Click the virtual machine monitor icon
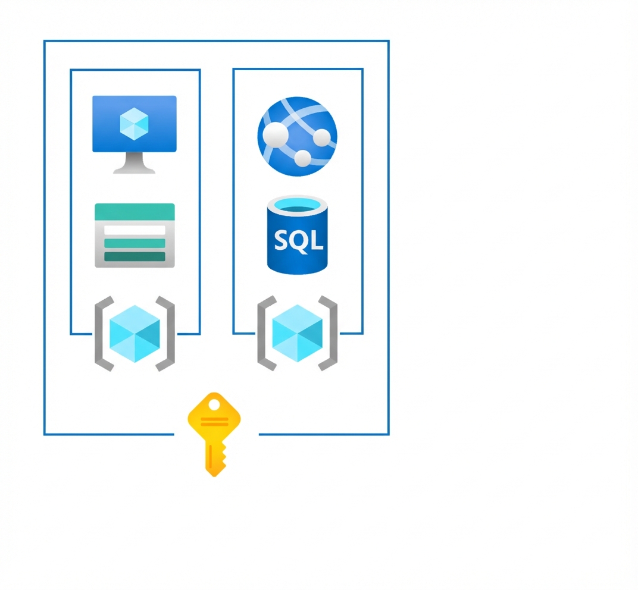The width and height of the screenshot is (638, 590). point(135,125)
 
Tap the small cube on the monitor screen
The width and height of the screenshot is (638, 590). point(134,124)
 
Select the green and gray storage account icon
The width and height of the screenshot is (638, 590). point(135,236)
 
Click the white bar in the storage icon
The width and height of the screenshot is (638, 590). point(135,230)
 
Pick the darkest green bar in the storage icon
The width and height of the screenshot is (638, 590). point(135,256)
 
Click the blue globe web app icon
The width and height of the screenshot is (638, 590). point(297,136)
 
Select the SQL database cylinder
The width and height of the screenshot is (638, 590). point(297,236)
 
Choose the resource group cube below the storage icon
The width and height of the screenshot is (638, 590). point(135,334)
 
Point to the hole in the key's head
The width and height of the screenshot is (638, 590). point(214,406)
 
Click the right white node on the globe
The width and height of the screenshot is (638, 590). point(321,138)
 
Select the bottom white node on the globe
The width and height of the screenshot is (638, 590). point(303,158)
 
